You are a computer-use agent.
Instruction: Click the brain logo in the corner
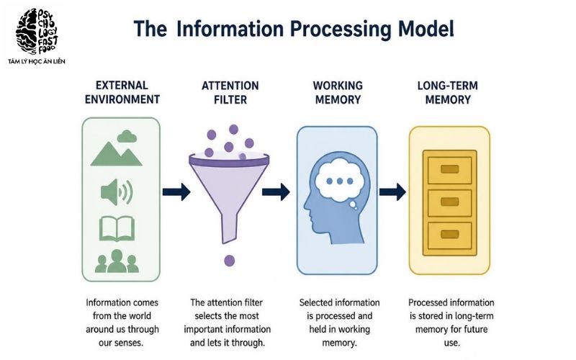(37, 32)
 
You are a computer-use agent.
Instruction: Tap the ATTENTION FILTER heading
(230, 93)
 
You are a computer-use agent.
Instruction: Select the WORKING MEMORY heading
(338, 93)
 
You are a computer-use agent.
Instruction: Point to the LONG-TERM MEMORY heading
(448, 93)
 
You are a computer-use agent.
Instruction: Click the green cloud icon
(127, 136)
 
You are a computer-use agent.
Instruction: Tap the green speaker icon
(117, 192)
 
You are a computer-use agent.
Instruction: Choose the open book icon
(117, 228)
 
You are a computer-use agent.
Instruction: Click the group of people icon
(117, 261)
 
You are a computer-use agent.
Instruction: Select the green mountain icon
(116, 154)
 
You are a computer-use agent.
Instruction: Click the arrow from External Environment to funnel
(176, 192)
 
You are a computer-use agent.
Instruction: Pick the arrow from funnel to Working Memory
(276, 192)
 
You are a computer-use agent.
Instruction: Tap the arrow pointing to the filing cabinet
(392, 192)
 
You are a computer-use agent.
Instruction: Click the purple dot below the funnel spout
(230, 261)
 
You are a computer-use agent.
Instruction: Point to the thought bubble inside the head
(340, 181)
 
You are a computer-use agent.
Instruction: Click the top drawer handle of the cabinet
(449, 169)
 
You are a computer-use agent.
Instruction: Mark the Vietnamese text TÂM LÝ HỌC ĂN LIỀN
(37, 61)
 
